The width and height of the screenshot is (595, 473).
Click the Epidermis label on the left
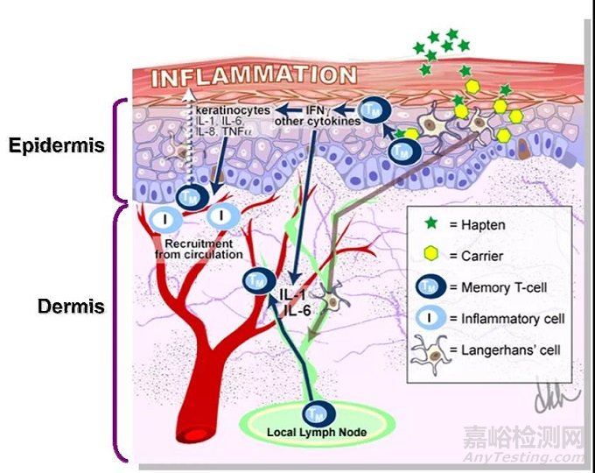pos(57,145)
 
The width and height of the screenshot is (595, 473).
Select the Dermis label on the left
pos(71,307)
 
